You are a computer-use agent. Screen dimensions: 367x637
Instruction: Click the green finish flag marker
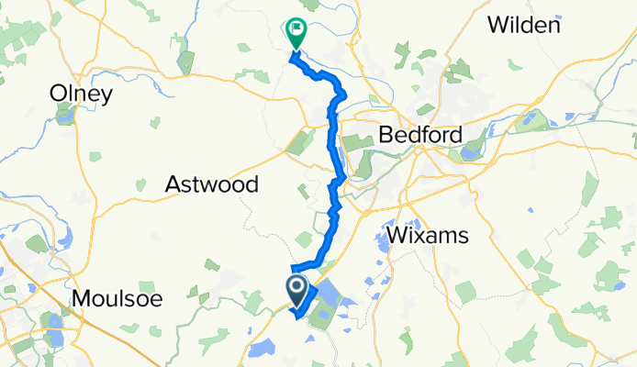pos(296,33)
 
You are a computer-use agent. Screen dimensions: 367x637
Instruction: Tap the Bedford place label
pos(419,136)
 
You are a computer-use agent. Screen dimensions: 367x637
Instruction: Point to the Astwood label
pos(211,184)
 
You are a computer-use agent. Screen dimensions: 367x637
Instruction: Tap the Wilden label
pos(523,25)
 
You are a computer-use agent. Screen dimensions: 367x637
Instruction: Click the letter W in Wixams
pos(397,236)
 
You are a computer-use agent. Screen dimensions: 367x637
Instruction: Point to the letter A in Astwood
pos(173,184)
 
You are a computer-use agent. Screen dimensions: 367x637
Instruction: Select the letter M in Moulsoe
pos(79,298)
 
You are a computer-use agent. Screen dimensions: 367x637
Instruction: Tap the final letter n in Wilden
pos(553,25)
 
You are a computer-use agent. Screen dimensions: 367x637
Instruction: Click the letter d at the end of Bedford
pos(455,136)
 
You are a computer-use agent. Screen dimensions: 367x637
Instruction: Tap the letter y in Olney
pos(106,95)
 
